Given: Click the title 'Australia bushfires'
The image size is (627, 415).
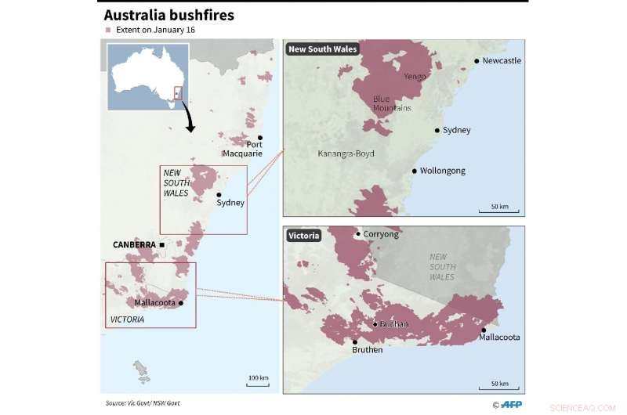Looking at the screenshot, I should pyautogui.click(x=169, y=15).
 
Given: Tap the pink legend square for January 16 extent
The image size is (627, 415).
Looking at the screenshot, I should pyautogui.click(x=108, y=31).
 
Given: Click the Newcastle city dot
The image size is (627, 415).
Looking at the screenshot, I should pyautogui.click(x=477, y=60).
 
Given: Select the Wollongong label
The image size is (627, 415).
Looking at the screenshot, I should pyautogui.click(x=442, y=171).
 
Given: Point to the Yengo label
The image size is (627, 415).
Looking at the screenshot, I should pyautogui.click(x=415, y=77).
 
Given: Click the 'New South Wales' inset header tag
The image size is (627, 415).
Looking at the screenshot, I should pyautogui.click(x=322, y=49).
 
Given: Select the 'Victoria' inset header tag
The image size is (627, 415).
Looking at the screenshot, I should pyautogui.click(x=303, y=235).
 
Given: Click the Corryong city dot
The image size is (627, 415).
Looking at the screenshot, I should pyautogui.click(x=358, y=234).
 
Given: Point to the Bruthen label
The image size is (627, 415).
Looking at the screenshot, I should pyautogui.click(x=368, y=350).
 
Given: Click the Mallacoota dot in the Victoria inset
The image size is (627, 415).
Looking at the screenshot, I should pyautogui.click(x=484, y=330).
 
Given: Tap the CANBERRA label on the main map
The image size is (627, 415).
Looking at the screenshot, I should pyautogui.click(x=135, y=245).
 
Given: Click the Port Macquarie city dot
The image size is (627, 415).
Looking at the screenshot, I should pyautogui.click(x=260, y=138).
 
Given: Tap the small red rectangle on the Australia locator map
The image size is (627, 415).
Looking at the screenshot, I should pyautogui.click(x=178, y=93).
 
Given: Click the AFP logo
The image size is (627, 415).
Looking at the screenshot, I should pyautogui.click(x=510, y=404).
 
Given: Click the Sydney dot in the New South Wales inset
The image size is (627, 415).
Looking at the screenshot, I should pyautogui.click(x=437, y=130).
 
